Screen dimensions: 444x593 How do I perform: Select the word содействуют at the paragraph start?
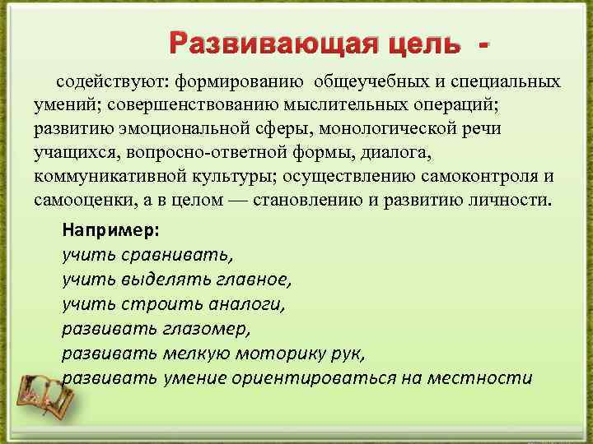(106, 82)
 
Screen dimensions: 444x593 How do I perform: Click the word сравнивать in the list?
(175, 254)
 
